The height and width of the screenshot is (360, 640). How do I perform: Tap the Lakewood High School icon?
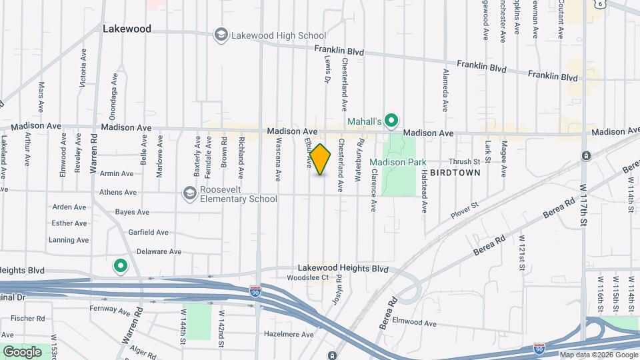click(221, 35)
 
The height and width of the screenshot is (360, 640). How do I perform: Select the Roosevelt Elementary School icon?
click(190, 193)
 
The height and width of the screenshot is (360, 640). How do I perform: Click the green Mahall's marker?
click(392, 121)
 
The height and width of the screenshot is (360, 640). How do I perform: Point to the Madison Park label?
click(398, 162)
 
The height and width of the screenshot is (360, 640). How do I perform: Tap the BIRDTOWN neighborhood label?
click(455, 172)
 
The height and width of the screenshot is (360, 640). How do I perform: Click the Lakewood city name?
click(127, 29)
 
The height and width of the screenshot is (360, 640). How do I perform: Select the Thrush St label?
click(464, 161)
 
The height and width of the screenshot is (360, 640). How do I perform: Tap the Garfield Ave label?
click(149, 232)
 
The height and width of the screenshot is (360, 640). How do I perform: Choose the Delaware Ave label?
click(159, 252)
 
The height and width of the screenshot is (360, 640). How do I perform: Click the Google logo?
click(22, 351)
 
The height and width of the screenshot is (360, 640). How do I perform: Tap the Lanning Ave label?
click(69, 240)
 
